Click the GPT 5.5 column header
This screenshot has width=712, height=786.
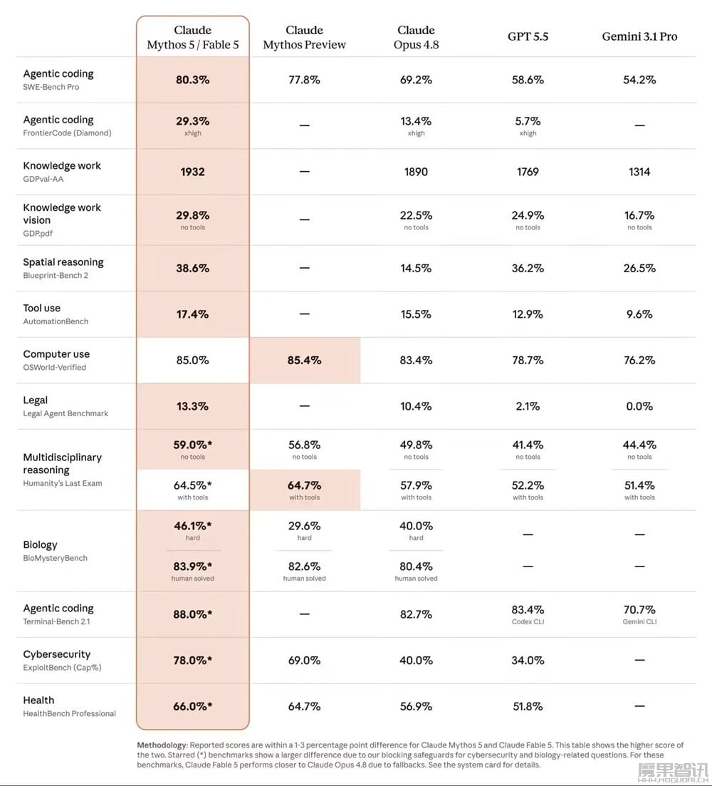pyautogui.click(x=528, y=36)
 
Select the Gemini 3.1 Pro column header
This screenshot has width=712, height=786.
pyautogui.click(x=639, y=36)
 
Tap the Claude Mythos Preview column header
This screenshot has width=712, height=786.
pyautogui.click(x=305, y=38)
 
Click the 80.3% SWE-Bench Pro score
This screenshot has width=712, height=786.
pyautogui.click(x=193, y=80)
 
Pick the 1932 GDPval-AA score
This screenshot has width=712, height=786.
pyautogui.click(x=193, y=172)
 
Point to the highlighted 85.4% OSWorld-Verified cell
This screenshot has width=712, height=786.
pyautogui.click(x=305, y=361)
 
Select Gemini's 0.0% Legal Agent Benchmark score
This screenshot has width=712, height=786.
pyautogui.click(x=639, y=406)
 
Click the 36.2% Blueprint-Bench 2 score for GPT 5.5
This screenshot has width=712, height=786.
pyautogui.click(x=528, y=268)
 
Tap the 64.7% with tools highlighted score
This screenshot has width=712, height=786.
pyautogui.click(x=305, y=490)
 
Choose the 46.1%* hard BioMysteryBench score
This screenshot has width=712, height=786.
pyautogui.click(x=193, y=531)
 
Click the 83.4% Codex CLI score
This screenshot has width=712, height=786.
pyautogui.click(x=528, y=614)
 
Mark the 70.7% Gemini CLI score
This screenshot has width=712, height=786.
pyautogui.click(x=639, y=614)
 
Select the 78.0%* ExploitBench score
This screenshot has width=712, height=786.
pyautogui.click(x=193, y=661)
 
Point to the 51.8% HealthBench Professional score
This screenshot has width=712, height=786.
pyautogui.click(x=528, y=707)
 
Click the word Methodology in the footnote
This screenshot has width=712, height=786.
pyautogui.click(x=162, y=745)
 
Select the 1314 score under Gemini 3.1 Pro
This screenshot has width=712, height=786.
pyautogui.click(x=639, y=172)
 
